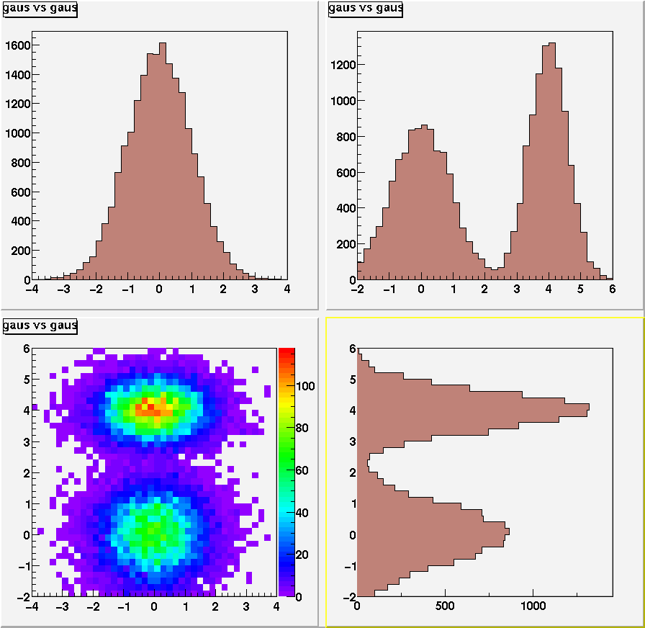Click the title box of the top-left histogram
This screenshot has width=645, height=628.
[40, 9]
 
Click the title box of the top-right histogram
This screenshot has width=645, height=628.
[365, 9]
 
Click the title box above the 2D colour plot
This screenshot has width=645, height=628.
[40, 326]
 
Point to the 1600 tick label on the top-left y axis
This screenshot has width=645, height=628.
[17, 45]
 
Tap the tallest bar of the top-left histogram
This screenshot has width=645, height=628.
[163, 158]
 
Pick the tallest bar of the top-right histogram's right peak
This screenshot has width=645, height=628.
[552, 158]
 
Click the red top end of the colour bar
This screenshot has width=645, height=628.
[287, 352]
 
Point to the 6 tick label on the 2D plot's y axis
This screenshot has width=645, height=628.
[26, 348]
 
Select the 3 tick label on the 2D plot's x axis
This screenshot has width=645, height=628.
[246, 607]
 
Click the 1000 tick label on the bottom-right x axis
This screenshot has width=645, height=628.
[533, 607]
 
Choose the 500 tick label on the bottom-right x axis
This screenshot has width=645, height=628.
[445, 607]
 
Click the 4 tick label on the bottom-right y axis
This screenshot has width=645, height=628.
[353, 411]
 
